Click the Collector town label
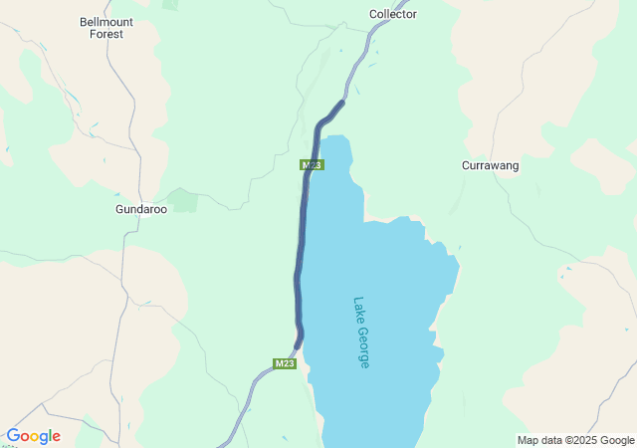point(392,14)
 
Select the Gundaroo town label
point(139,210)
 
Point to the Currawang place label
point(490,165)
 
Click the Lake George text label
point(360,333)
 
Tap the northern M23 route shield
point(312,164)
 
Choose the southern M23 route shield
point(285,363)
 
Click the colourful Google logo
point(33,436)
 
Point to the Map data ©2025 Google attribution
point(575,440)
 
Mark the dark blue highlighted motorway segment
point(299,249)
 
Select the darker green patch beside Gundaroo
point(183,199)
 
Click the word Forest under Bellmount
point(106,34)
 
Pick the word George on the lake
point(363,349)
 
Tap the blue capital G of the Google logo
point(13,436)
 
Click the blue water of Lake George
point(388,279)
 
